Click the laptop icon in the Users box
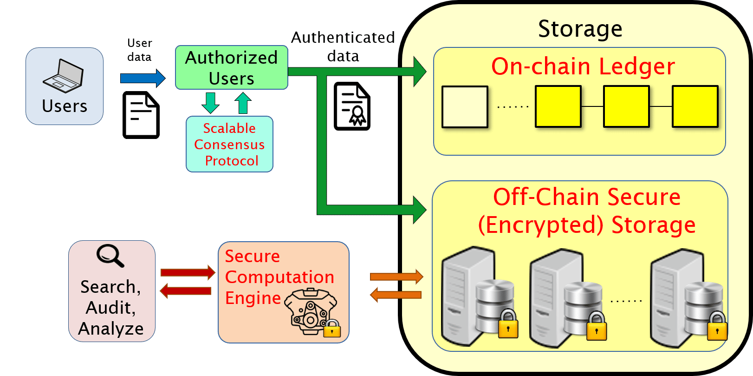(64, 77)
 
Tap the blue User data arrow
(142, 78)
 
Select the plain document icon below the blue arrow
(141, 115)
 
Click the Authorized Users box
(231, 68)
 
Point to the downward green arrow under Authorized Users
(210, 103)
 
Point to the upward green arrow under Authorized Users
(243, 103)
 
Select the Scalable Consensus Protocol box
(229, 144)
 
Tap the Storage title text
(580, 29)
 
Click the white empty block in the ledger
(465, 106)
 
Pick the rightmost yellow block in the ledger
(695, 106)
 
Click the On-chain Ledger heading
(583, 66)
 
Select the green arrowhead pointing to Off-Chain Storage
(419, 210)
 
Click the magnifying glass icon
(110, 255)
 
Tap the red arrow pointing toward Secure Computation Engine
(188, 272)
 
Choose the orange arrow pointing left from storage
(396, 295)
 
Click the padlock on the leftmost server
(508, 325)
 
